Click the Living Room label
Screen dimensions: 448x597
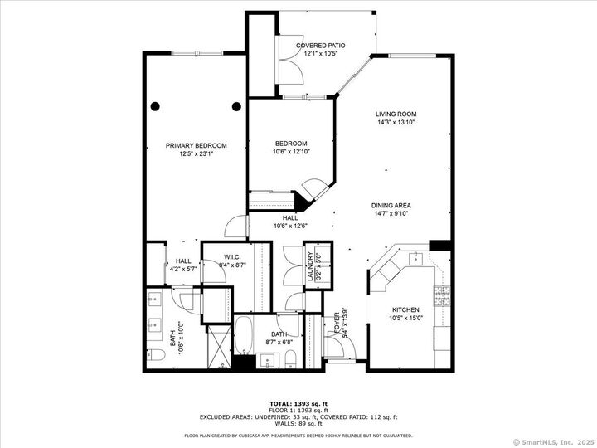click(x=395, y=114)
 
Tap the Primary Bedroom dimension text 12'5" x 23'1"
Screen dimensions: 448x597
click(x=196, y=153)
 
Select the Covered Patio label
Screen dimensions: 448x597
click(x=320, y=46)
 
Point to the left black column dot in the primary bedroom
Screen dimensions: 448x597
click(x=155, y=105)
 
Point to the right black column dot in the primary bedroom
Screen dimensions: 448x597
click(x=236, y=105)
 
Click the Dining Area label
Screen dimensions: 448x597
click(x=391, y=205)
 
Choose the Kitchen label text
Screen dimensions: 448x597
click(x=405, y=309)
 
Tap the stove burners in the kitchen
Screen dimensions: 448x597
click(x=442, y=292)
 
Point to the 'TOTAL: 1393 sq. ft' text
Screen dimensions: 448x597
click(x=298, y=402)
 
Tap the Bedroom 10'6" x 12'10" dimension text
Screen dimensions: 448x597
click(x=291, y=151)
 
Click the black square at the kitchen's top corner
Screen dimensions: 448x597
click(x=439, y=246)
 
